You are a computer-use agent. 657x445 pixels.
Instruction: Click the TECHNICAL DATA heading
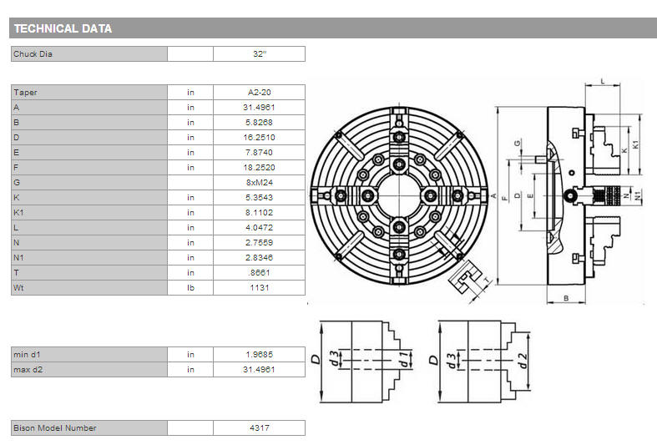point(63,28)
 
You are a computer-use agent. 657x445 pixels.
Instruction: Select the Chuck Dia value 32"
point(260,54)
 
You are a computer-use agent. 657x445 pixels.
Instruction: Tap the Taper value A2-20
point(260,92)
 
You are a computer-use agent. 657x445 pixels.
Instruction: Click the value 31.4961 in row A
point(259,107)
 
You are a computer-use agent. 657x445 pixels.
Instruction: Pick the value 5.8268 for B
point(259,123)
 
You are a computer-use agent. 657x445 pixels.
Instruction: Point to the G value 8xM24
point(260,182)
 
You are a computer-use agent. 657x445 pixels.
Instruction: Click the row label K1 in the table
point(18,212)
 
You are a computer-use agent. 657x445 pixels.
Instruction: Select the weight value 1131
point(260,287)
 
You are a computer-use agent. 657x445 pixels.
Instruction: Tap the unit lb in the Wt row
point(190,287)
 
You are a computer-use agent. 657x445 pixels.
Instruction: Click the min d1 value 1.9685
point(259,355)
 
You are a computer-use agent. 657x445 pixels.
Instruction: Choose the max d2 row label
point(28,370)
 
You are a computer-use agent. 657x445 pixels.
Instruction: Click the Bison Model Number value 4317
point(260,427)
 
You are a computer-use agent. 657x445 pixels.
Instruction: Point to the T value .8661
point(259,272)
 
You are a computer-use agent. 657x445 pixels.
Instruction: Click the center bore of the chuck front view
point(399,195)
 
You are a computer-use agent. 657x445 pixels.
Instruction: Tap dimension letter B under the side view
point(566,298)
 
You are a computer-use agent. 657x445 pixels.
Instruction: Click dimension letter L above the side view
point(603,81)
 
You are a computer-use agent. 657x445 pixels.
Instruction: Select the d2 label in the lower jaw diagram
point(523,361)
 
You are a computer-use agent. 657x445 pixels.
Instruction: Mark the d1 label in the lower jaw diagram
point(404,359)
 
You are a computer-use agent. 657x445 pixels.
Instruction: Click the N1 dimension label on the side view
point(637,195)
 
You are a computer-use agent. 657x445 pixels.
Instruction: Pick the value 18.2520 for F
point(259,167)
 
